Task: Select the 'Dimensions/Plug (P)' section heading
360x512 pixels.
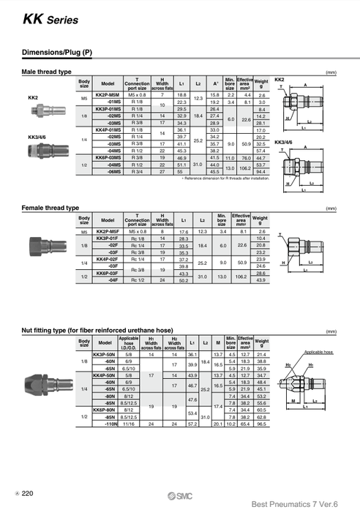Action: point(58,53)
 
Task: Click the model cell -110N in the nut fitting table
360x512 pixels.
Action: point(112,423)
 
